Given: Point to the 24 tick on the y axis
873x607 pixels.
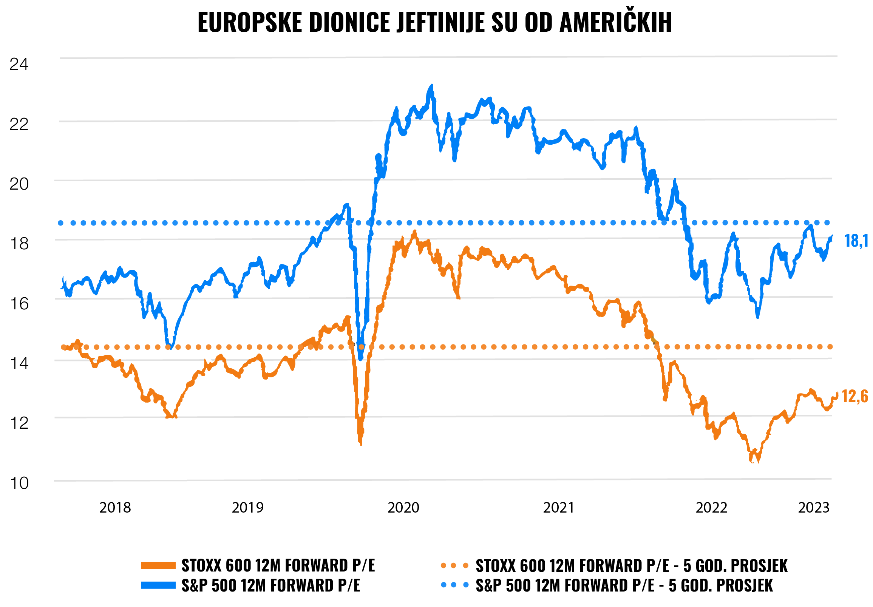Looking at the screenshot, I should [x=19, y=64].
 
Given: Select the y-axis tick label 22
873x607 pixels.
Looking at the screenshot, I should [x=19, y=124].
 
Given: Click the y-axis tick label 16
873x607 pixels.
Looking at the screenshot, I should [x=19, y=304].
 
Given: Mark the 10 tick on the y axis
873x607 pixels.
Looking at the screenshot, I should [x=19, y=483].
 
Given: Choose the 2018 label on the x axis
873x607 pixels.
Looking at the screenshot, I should [x=115, y=507].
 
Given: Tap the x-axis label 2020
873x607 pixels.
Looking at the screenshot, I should [x=403, y=507].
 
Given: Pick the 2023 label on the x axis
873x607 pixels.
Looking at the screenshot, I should [x=814, y=507].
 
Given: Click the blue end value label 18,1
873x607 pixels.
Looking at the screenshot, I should [x=856, y=241].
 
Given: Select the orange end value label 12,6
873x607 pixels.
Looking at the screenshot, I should [x=855, y=397].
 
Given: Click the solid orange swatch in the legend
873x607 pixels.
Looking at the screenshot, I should [x=158, y=565].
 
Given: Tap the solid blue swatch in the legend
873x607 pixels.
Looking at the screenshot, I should [x=158, y=585].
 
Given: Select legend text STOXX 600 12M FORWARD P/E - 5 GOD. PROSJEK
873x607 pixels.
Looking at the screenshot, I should [x=631, y=566].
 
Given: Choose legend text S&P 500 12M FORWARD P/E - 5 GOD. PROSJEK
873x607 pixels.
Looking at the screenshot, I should [x=624, y=586].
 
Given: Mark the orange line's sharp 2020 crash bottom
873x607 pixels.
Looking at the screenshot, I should [x=360, y=443].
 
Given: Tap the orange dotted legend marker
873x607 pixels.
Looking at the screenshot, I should [x=454, y=565].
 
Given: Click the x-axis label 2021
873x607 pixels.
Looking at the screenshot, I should [x=558, y=507].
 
